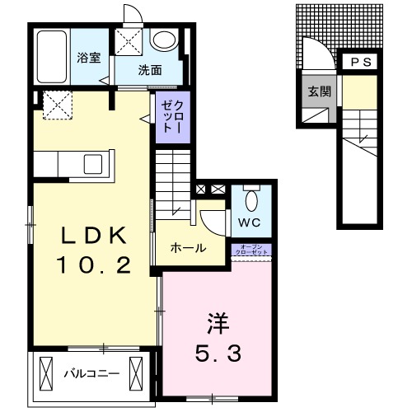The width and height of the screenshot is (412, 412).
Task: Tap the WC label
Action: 249,222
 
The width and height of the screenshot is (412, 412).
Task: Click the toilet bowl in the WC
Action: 253,199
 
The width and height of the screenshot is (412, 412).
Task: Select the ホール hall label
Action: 188,248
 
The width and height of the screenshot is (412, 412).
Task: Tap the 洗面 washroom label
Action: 149,70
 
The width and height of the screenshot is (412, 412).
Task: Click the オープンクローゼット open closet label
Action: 251,250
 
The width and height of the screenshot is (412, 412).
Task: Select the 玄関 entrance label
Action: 320,91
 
